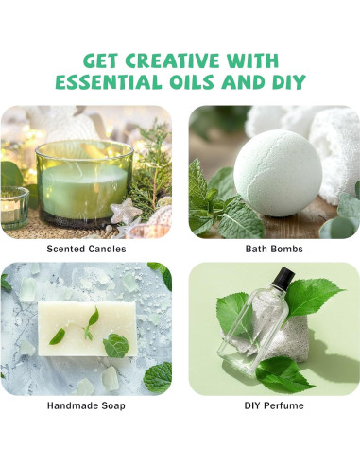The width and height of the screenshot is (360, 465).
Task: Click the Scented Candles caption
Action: pos(86,249)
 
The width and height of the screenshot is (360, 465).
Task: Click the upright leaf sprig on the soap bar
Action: pos(92,322)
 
